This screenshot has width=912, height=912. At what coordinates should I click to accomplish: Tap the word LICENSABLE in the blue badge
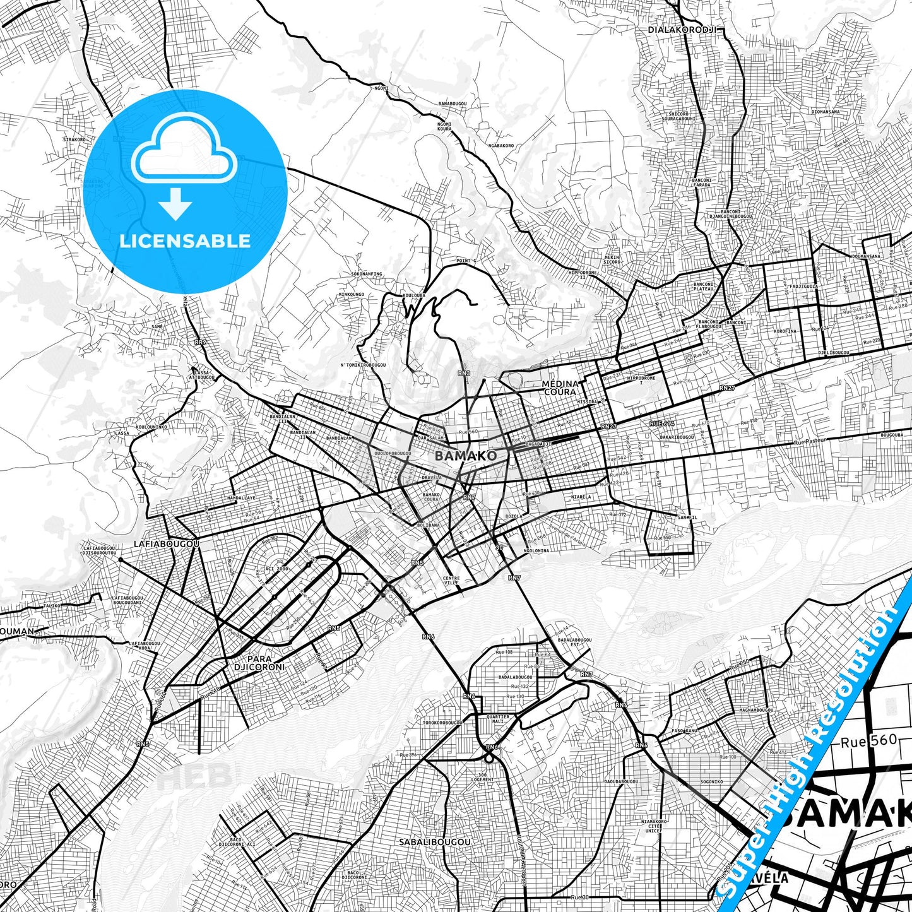pos(185,240)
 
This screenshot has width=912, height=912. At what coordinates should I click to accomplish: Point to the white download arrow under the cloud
pos(175,203)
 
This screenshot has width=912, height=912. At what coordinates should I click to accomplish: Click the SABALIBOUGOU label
pos(435,842)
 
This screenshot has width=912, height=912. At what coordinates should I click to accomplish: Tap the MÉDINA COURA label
pos(560,388)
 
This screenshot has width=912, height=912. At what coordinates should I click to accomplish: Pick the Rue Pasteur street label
pos(810,442)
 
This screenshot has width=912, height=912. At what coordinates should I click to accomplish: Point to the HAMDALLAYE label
pos(242,497)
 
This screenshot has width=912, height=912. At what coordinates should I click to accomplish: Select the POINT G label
pos(466,261)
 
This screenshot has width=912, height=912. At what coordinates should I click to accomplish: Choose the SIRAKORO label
pos(74,139)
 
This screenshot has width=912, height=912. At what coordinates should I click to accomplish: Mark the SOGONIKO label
pos(711,781)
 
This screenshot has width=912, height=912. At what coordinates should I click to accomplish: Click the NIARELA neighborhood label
pos(581,497)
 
